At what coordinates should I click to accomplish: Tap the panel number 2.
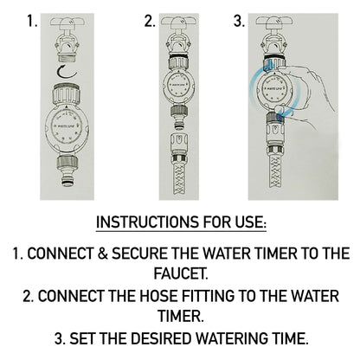(x=150, y=20)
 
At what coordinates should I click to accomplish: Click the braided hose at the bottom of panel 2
(x=180, y=177)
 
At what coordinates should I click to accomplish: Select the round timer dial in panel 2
(x=180, y=87)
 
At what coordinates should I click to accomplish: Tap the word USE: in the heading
(x=248, y=223)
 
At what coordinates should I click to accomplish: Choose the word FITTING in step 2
(x=202, y=296)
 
